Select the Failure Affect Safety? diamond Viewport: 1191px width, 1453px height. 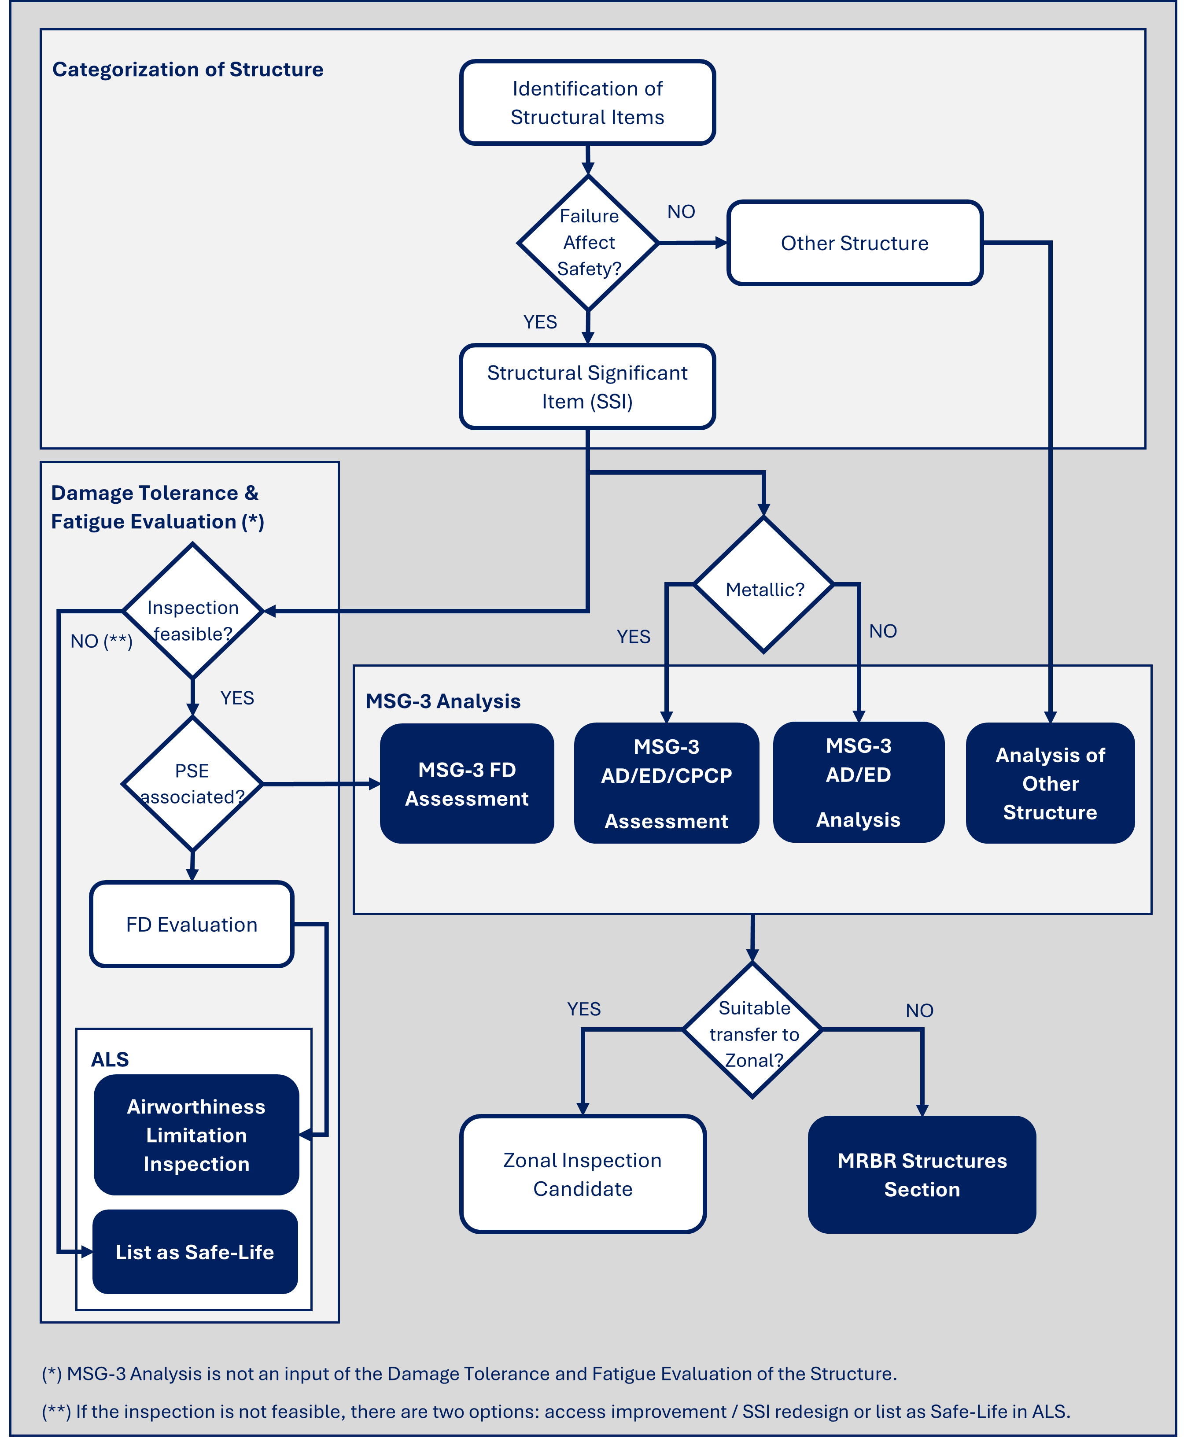(588, 243)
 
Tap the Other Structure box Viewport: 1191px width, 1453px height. (854, 243)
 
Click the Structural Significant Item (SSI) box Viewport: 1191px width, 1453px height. (587, 387)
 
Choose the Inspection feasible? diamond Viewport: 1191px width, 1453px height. (193, 611)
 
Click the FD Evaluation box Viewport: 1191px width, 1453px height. (192, 925)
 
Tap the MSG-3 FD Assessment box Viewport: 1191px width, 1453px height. (467, 783)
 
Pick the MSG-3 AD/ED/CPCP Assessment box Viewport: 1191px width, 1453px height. (666, 783)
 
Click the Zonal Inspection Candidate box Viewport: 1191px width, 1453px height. (583, 1174)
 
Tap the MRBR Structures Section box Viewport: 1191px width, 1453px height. (922, 1174)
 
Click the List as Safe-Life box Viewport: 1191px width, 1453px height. (195, 1252)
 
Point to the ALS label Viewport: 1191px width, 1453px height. (110, 1059)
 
